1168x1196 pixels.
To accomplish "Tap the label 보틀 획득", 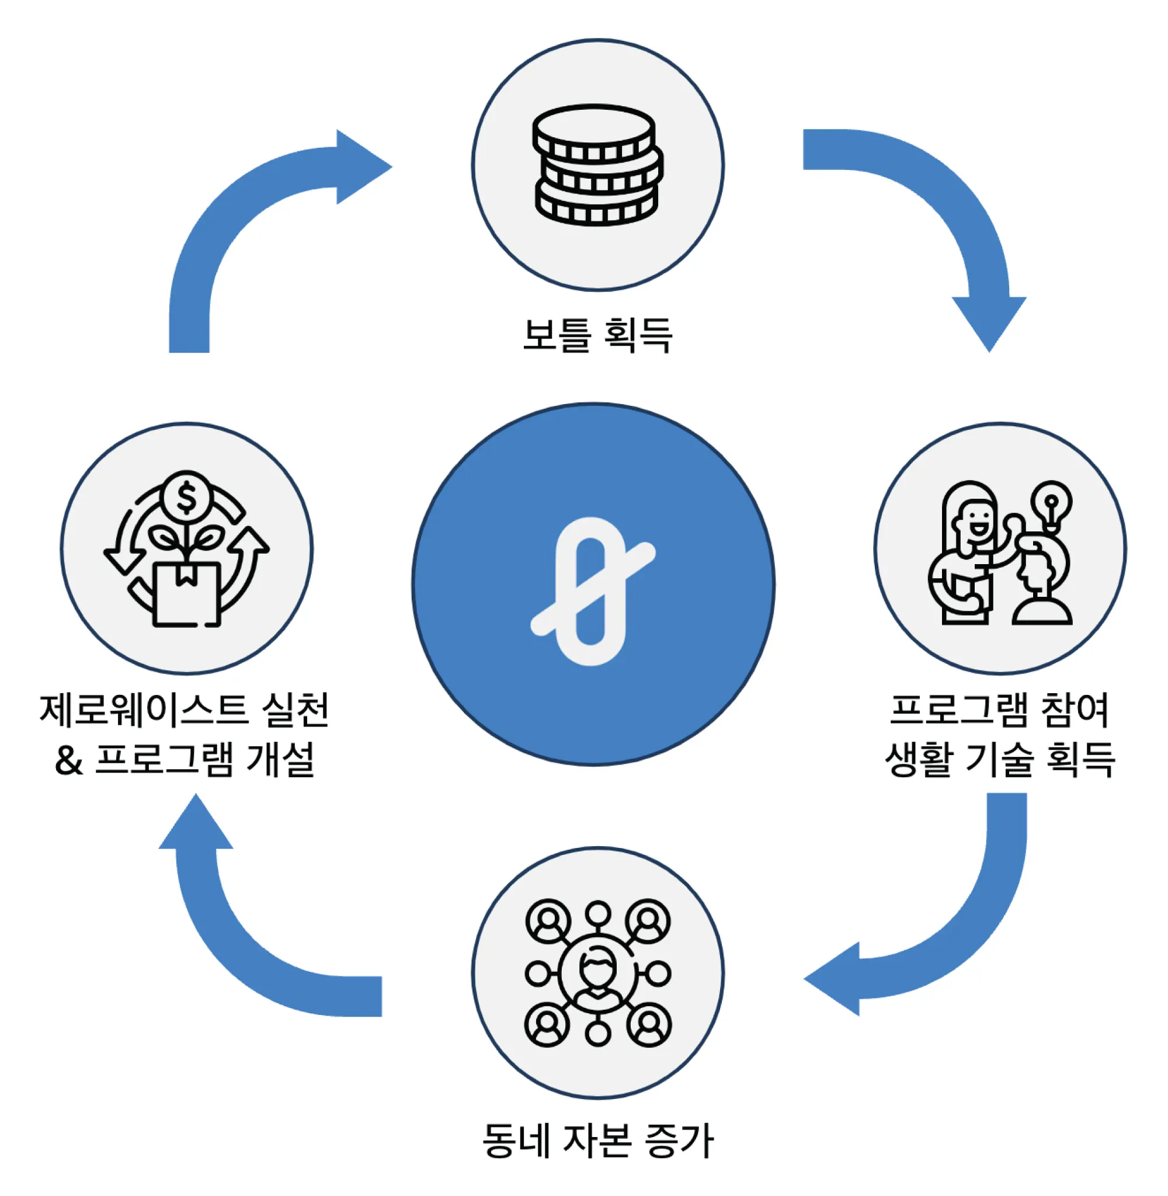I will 597,335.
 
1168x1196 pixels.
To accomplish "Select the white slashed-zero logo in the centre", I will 593,591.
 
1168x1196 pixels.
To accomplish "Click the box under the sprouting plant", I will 186,594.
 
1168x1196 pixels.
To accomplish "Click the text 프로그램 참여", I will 1000,711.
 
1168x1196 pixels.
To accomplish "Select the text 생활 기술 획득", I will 1000,760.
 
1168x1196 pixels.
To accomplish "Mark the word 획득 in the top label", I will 638,335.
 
